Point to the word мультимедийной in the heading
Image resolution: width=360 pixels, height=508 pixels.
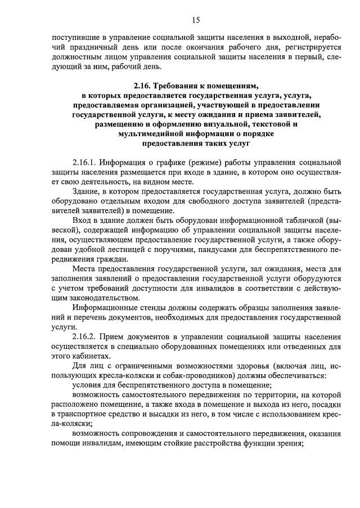pos(148,134)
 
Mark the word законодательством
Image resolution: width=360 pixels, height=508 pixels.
pos(96,297)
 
